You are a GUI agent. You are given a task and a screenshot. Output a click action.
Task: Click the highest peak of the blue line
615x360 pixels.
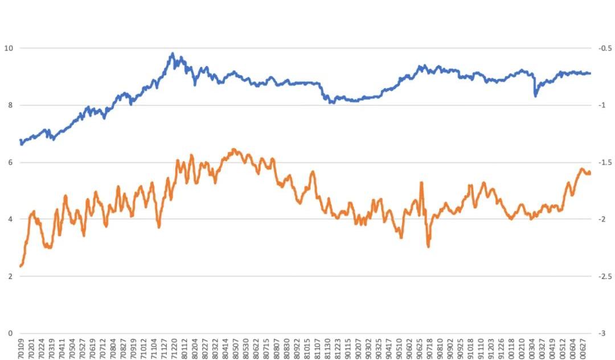click(x=173, y=54)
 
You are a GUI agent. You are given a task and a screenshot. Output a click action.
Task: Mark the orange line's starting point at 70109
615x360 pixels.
click(x=20, y=266)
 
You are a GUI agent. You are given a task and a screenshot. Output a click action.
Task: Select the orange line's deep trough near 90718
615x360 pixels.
click(x=428, y=246)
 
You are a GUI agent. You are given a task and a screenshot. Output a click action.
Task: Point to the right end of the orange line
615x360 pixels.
click(x=590, y=173)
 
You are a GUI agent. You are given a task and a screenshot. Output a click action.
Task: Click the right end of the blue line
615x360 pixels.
click(x=590, y=73)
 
